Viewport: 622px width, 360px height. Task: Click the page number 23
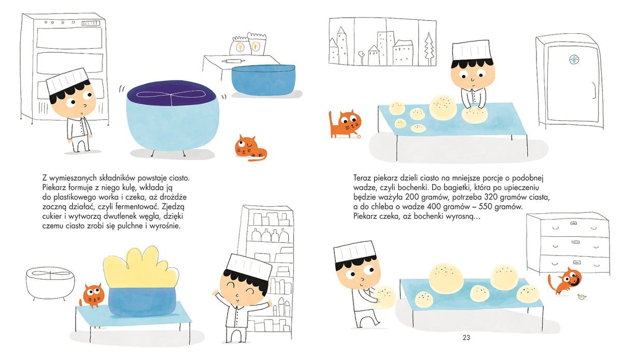coord(466,338)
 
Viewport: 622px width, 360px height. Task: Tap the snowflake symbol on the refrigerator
coord(574,60)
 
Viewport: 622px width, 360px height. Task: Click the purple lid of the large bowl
coord(172,94)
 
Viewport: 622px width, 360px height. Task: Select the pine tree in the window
coord(429,49)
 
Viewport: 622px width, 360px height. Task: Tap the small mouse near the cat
coord(581,297)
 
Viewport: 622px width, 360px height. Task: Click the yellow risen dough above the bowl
coord(141,269)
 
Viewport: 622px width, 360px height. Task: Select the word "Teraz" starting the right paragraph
coord(362,178)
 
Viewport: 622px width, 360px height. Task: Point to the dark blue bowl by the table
coord(263,80)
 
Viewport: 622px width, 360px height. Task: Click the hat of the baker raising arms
coord(248,267)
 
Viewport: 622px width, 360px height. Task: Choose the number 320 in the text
coord(490,197)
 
